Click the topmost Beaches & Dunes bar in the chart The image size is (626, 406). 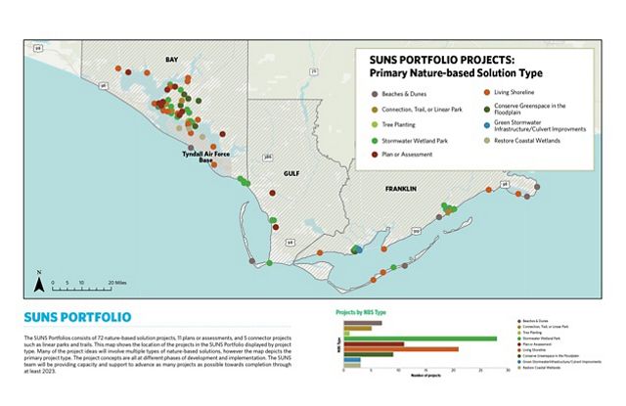(x=362, y=322)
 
